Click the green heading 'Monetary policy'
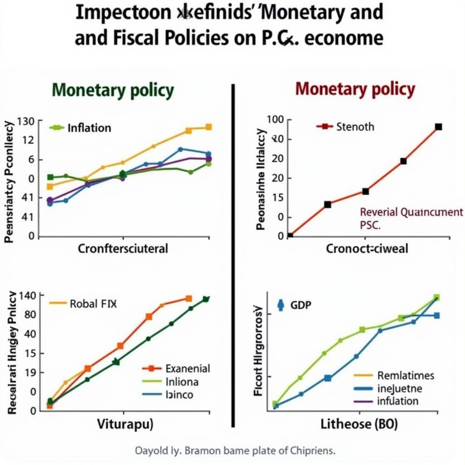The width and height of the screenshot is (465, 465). (113, 90)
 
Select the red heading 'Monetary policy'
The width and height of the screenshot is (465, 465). (355, 89)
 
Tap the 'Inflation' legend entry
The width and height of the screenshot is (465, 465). (89, 128)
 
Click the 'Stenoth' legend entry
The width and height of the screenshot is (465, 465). (355, 126)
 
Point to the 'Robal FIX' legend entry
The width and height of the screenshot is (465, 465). (93, 304)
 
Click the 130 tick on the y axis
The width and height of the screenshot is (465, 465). (26, 121)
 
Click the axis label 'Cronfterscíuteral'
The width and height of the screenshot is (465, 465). (123, 248)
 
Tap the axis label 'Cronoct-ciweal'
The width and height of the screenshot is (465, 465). (367, 248)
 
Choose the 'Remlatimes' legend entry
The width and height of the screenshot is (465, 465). (406, 376)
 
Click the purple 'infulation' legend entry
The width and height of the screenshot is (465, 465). (398, 401)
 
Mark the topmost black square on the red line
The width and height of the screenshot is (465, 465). (438, 127)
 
